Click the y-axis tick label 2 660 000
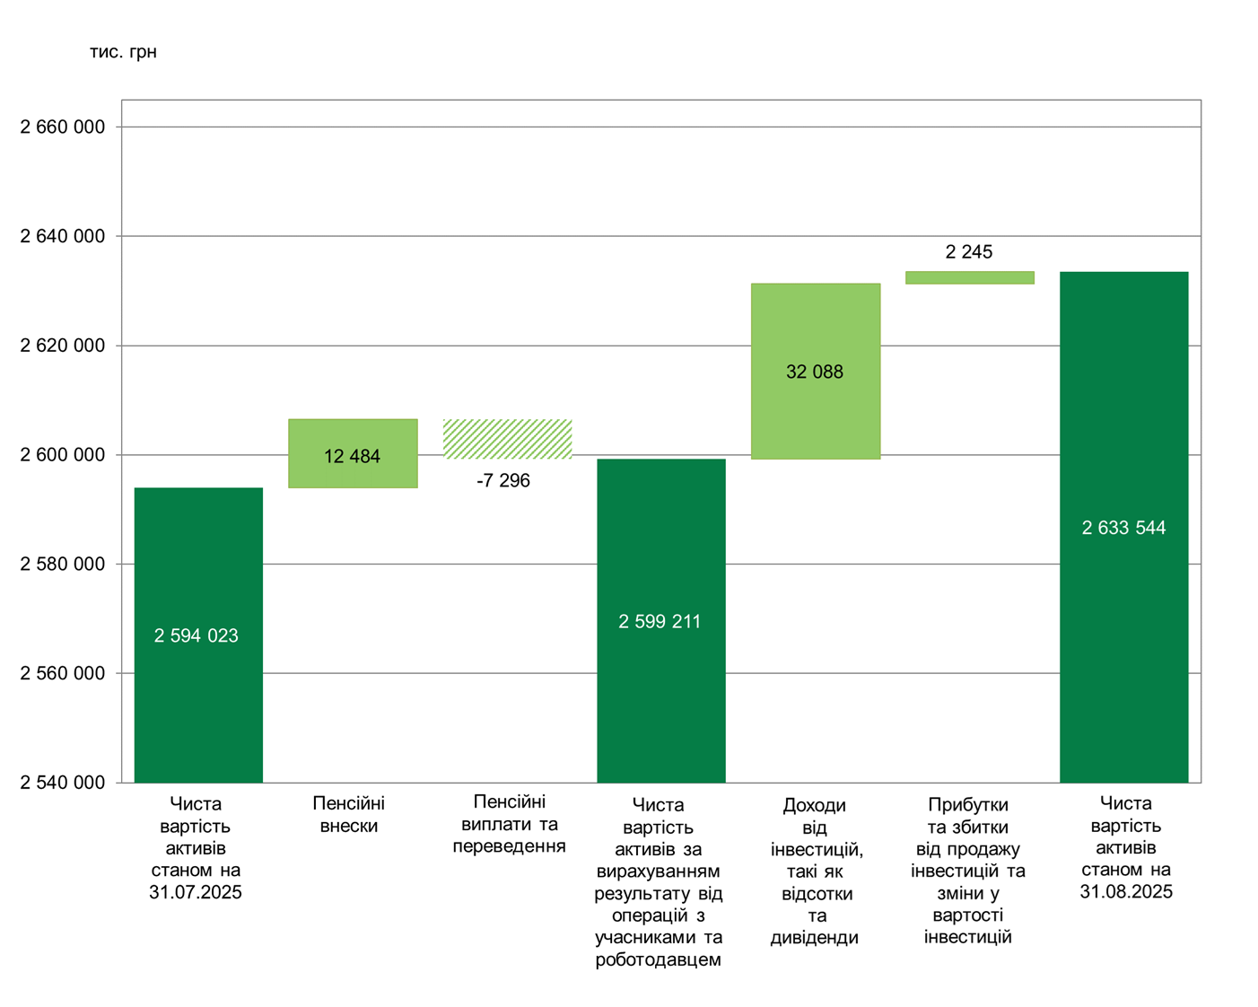click(x=63, y=127)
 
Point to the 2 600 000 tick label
click(x=63, y=455)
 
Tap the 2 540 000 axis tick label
click(x=63, y=783)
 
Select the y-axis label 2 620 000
click(x=63, y=346)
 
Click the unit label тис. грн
click(x=123, y=52)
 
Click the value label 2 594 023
click(x=197, y=635)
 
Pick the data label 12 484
click(x=352, y=456)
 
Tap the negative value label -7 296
click(x=503, y=481)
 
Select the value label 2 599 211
click(x=660, y=621)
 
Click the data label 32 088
click(x=815, y=372)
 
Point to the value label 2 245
click(x=969, y=252)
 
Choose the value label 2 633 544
click(x=1123, y=528)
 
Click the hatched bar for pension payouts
click(x=508, y=439)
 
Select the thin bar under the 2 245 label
click(x=969, y=277)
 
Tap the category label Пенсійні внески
click(x=349, y=814)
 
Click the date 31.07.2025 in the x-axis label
click(x=196, y=892)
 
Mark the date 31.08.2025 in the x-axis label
click(x=1126, y=891)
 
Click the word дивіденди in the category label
click(x=815, y=937)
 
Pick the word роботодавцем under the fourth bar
click(x=659, y=959)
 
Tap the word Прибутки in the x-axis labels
click(x=968, y=804)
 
